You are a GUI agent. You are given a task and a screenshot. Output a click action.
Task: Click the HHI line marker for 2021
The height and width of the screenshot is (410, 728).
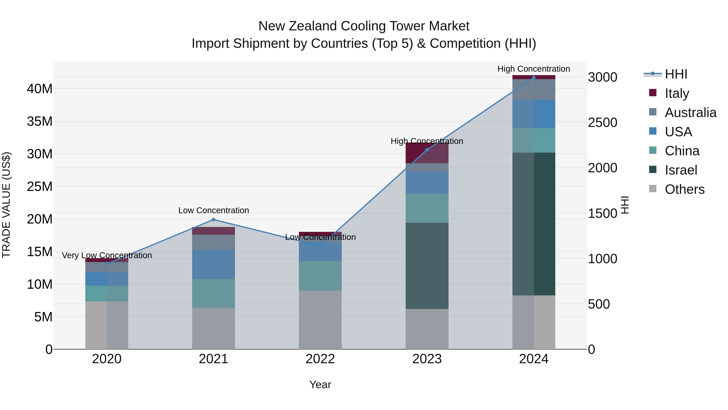pyautogui.click(x=213, y=219)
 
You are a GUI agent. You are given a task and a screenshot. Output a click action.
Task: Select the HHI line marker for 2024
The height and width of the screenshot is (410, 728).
pyautogui.click(x=534, y=78)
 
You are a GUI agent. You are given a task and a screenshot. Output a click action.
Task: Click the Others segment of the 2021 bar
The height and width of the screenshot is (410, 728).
pyautogui.click(x=213, y=328)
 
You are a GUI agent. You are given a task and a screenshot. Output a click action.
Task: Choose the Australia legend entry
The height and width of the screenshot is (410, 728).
pyautogui.click(x=690, y=113)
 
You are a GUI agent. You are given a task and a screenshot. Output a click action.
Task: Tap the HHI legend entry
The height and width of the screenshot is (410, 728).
pyautogui.click(x=675, y=74)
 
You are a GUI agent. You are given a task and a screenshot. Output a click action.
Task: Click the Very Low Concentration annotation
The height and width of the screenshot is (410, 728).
pyautogui.click(x=107, y=255)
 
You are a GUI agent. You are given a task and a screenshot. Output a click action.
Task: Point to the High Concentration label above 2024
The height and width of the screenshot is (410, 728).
pyautogui.click(x=534, y=69)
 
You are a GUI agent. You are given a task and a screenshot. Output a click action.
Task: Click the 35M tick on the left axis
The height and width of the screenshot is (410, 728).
pyautogui.click(x=40, y=121)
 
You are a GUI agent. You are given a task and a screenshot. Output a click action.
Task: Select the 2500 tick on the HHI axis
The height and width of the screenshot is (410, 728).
pyautogui.click(x=603, y=122)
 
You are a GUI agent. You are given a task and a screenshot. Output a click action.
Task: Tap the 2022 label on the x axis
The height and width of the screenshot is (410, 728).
pyautogui.click(x=320, y=359)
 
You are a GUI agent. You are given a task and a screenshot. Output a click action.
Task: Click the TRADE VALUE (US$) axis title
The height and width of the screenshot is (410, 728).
pyautogui.click(x=6, y=205)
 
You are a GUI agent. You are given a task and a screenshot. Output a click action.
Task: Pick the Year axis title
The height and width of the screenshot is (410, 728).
pyautogui.click(x=320, y=384)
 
